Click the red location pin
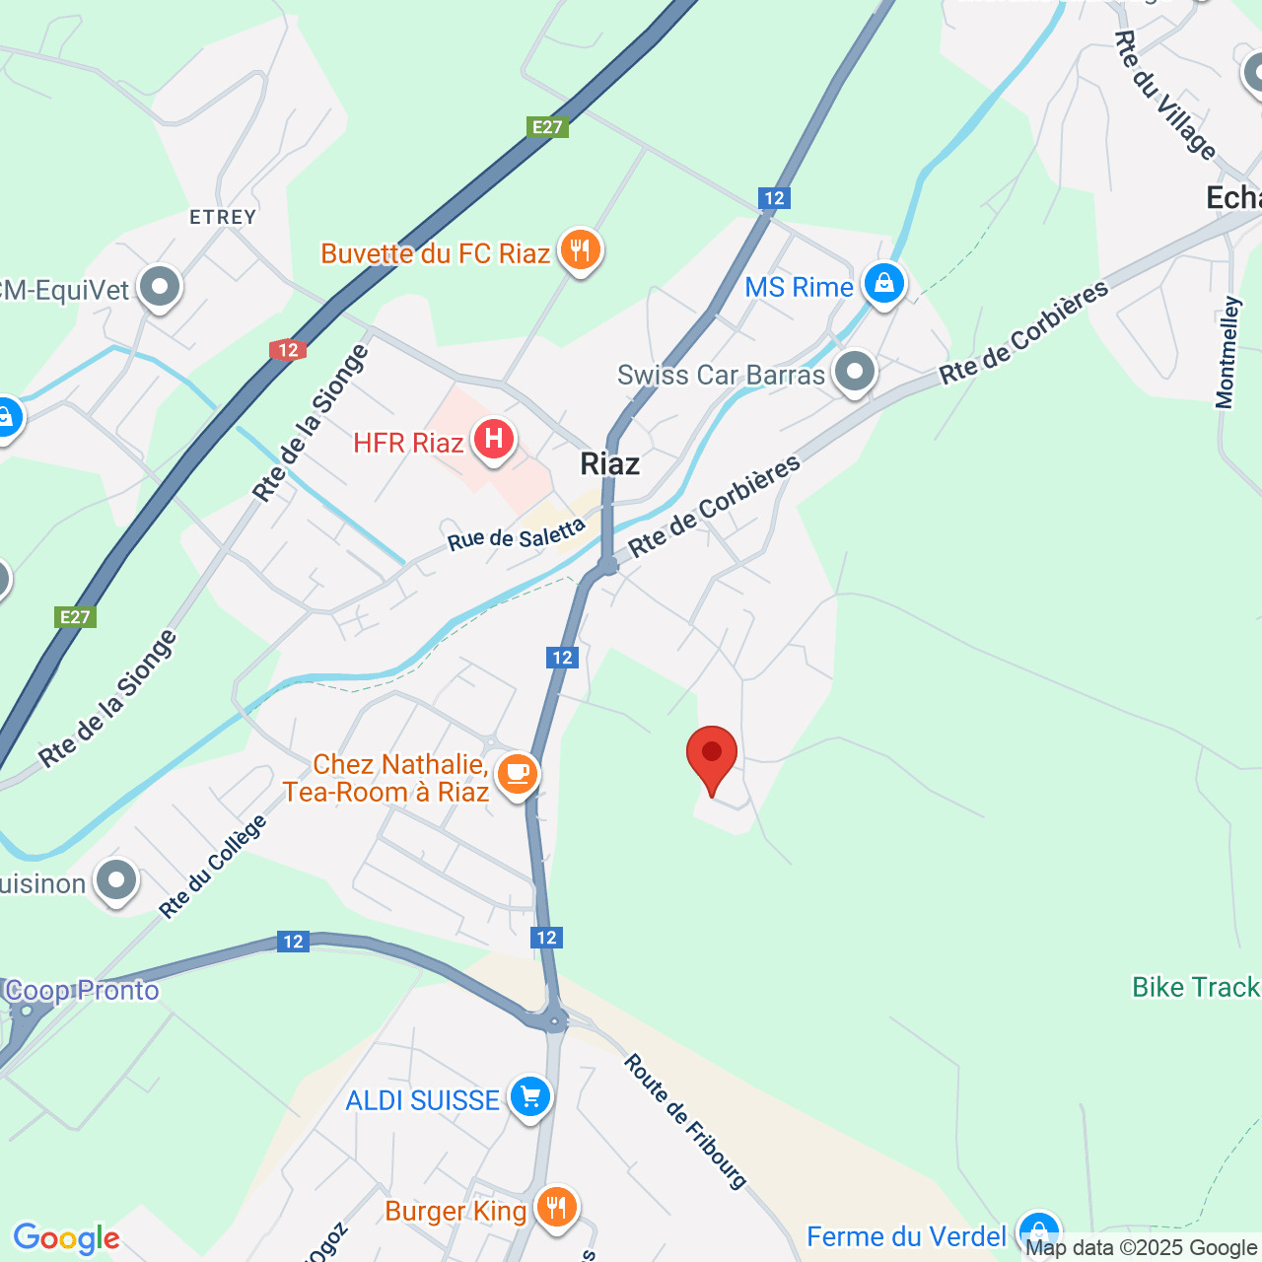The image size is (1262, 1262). pos(711,756)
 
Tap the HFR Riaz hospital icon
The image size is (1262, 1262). pos(494,440)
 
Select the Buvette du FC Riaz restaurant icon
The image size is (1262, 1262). pos(580,251)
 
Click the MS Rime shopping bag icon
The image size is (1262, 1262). pos(883,284)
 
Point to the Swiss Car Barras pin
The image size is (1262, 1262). pos(854,373)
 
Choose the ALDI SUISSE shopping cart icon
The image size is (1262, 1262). pos(529,1096)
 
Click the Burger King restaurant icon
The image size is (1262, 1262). pos(557,1207)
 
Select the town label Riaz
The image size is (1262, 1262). pos(609,464)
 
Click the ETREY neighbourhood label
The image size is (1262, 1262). pos(223,217)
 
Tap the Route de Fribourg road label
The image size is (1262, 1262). pos(686,1121)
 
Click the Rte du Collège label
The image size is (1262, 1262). pos(214,868)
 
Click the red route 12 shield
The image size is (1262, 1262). pos(288,350)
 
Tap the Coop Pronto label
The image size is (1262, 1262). pos(82,990)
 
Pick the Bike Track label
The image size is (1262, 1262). pos(1195,987)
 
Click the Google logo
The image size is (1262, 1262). pos(67,1238)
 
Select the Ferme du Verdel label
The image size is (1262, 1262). pos(906,1236)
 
